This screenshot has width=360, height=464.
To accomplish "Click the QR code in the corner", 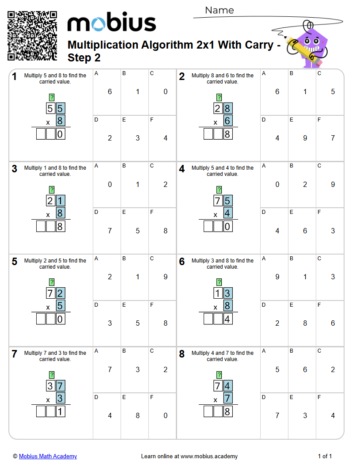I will pos(32,36).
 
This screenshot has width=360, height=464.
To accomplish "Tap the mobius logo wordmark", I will pos(112,23).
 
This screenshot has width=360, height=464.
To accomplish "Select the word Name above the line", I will pos(220,10).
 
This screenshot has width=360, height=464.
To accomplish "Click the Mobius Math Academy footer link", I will pos(48,456).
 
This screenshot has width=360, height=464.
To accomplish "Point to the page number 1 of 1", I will pos(325,456).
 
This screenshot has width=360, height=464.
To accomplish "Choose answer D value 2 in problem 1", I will pos(110,138).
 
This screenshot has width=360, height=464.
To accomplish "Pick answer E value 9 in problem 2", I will pos(305,138).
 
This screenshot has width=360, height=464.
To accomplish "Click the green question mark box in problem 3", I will pos(52,190).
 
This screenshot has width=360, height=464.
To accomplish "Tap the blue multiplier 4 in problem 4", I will pos(228,213).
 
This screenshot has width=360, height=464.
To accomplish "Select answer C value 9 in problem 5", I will pos(166,277).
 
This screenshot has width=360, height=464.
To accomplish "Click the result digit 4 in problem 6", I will pos(228,319).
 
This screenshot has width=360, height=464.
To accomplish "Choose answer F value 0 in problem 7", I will pos(166,416).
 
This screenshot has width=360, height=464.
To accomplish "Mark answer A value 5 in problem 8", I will pos(277,369).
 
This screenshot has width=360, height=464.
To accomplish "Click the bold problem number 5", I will pos(15,262).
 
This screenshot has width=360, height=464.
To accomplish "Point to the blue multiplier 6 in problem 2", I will pos(228,121).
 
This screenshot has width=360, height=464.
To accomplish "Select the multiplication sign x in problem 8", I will pos(216,400).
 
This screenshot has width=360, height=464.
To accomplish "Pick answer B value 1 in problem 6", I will pos(305,277).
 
